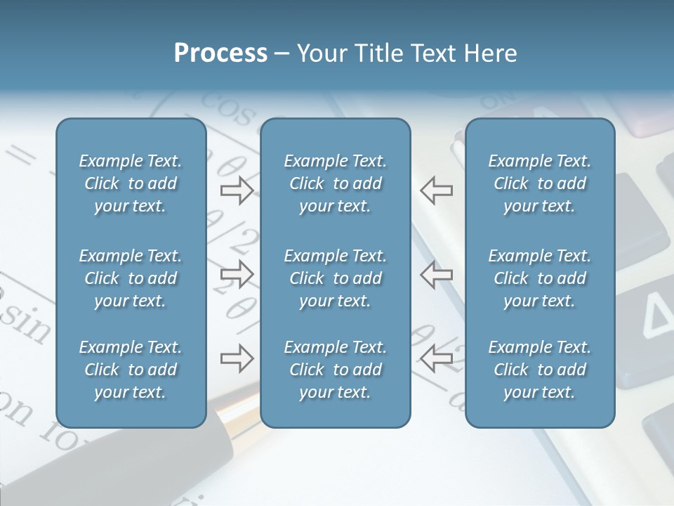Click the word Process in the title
click(x=220, y=53)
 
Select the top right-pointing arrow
click(x=237, y=190)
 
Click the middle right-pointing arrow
click(x=237, y=274)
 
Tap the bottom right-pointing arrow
click(x=237, y=358)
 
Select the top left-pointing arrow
click(x=437, y=190)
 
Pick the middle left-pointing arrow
click(x=437, y=274)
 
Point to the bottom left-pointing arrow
click(x=437, y=358)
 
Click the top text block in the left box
click(x=131, y=183)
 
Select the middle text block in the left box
click(x=131, y=278)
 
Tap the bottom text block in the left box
click(x=131, y=370)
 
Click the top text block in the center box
click(x=336, y=183)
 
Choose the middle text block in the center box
click(x=336, y=278)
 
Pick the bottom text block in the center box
click(x=336, y=370)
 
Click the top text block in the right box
click(x=540, y=183)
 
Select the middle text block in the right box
click(x=540, y=278)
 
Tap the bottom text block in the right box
click(x=540, y=370)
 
